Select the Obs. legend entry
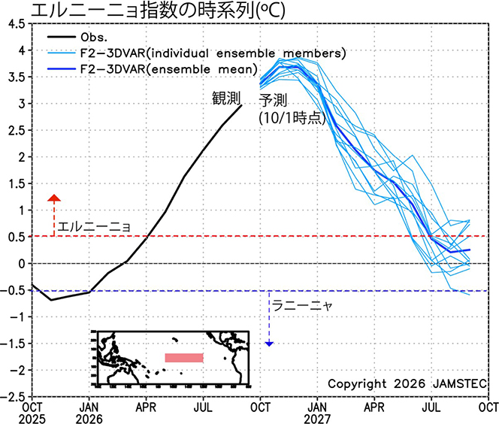click(77, 38)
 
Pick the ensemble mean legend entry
click(153, 68)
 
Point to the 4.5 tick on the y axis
click(16, 24)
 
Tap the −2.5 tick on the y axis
click(13, 397)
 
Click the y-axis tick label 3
click(21, 104)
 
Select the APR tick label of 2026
click(146, 407)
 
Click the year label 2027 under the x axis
click(317, 419)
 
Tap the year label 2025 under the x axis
click(32, 419)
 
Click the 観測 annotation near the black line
click(226, 98)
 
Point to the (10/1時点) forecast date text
click(292, 118)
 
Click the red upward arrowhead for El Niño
click(54, 198)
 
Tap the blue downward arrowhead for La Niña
click(269, 344)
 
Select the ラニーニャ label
click(302, 305)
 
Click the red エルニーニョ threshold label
click(94, 226)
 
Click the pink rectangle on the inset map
click(184, 358)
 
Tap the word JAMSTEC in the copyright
click(459, 383)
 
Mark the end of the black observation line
click(241, 105)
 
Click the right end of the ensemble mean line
click(470, 250)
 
